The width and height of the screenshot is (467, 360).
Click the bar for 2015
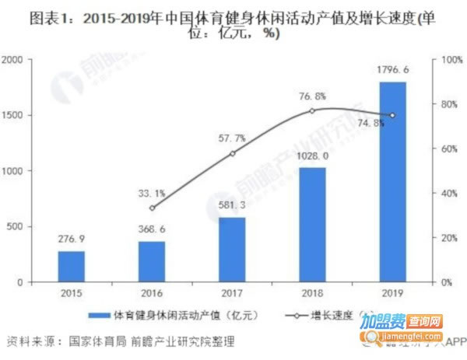71,267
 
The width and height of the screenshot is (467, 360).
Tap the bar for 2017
231,250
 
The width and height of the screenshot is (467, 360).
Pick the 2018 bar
312,225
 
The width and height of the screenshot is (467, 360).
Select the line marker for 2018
312,110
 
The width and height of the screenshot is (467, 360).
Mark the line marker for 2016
152,208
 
